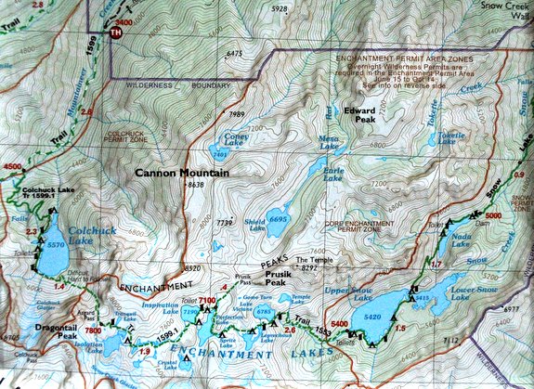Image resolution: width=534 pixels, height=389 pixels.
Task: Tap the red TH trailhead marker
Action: pyautogui.click(x=115, y=32)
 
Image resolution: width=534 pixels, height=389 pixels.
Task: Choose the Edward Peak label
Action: pyautogui.click(x=359, y=115)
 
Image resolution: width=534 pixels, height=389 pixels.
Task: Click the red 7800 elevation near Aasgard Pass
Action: pyautogui.click(x=93, y=331)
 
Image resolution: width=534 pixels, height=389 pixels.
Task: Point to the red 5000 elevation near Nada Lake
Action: pyautogui.click(x=492, y=215)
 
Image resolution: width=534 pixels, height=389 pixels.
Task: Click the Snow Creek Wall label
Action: pyautogui.click(x=502, y=8)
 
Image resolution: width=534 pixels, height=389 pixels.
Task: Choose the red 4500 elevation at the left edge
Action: pyautogui.click(x=12, y=166)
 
